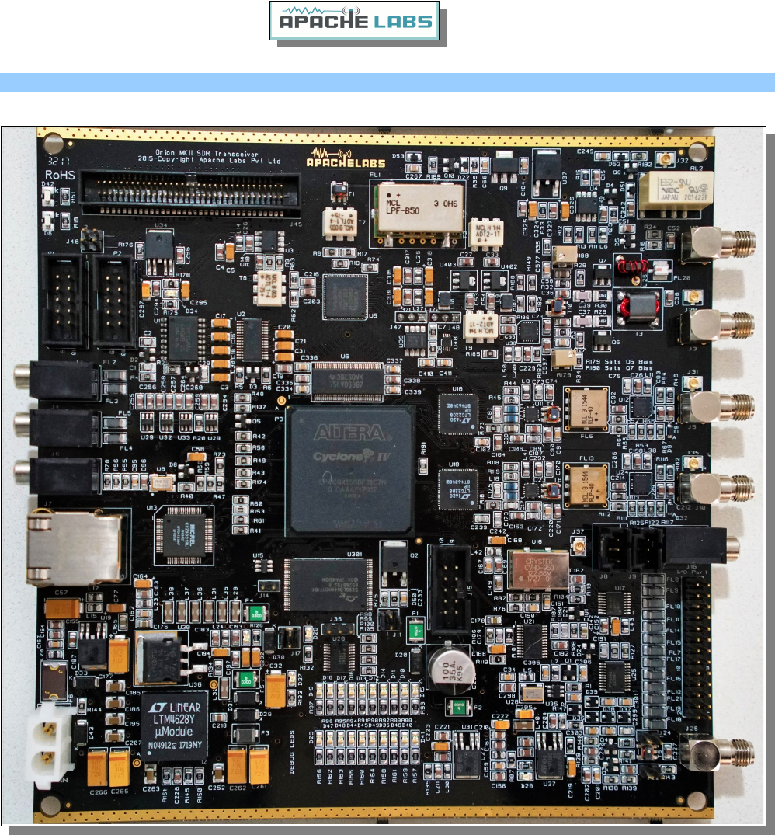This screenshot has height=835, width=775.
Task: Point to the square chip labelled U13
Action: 185,537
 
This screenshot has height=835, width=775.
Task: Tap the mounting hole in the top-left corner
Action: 53,144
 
